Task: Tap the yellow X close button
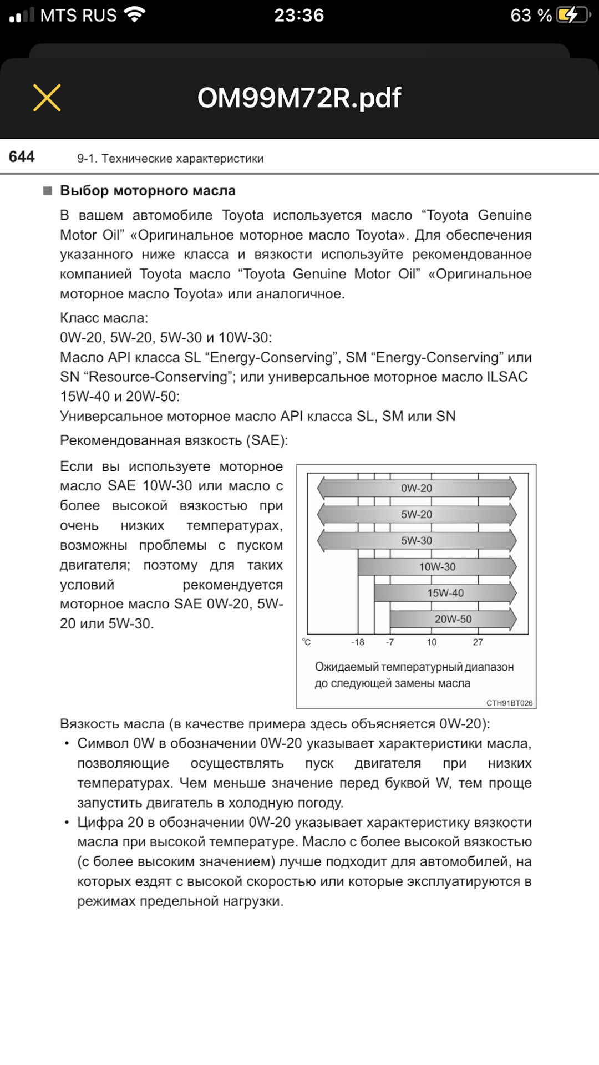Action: click(x=47, y=98)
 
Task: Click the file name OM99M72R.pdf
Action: click(x=299, y=98)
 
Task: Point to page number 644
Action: click(x=22, y=157)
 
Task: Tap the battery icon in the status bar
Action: click(x=573, y=15)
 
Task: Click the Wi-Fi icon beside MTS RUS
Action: click(x=135, y=14)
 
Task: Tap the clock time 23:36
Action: click(x=299, y=15)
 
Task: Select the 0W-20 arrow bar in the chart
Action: click(x=417, y=488)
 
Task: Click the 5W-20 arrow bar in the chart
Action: click(x=417, y=514)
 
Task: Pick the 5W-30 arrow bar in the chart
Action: click(x=417, y=540)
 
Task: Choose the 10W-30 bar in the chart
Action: click(x=437, y=566)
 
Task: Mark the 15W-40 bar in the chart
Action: click(x=445, y=592)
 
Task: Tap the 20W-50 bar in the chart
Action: click(x=453, y=619)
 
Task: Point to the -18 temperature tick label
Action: click(x=358, y=642)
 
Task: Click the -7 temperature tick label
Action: click(x=390, y=642)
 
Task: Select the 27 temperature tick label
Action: click(x=478, y=642)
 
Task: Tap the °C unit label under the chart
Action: click(x=306, y=642)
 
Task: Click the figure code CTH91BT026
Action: click(x=509, y=703)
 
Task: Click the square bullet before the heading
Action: click(x=48, y=191)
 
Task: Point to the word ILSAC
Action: click(x=507, y=377)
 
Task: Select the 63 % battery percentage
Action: click(x=531, y=15)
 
